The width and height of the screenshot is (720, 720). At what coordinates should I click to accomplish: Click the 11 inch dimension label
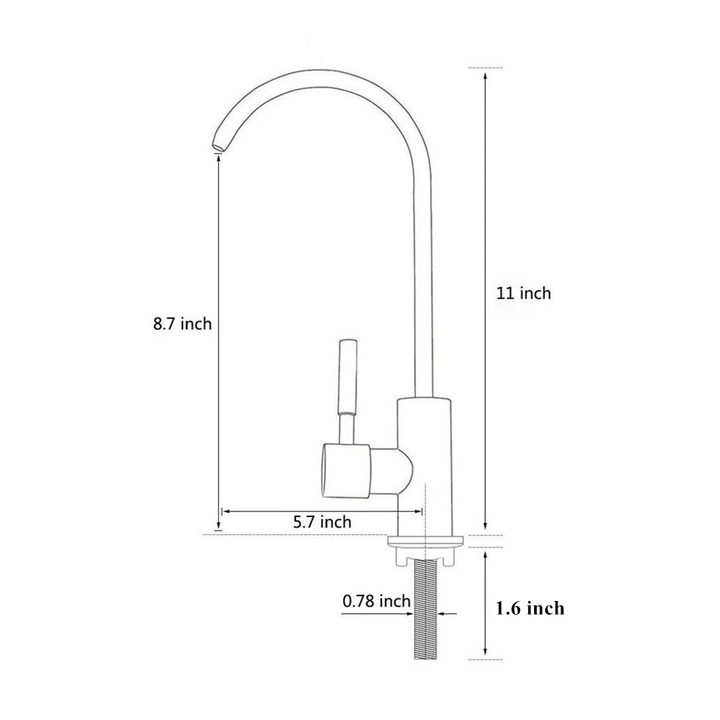coord(523,293)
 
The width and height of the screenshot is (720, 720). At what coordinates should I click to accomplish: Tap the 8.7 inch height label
coord(182,324)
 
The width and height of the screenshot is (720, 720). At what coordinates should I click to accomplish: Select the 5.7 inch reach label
coord(323,522)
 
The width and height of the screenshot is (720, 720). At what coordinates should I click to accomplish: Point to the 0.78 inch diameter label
coord(376,601)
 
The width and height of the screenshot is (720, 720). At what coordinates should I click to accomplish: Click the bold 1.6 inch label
coord(530,608)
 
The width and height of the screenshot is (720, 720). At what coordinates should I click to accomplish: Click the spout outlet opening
coord(219,146)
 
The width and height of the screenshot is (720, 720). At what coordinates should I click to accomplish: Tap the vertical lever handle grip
coord(348,376)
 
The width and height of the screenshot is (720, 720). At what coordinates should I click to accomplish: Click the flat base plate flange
coord(425,541)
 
